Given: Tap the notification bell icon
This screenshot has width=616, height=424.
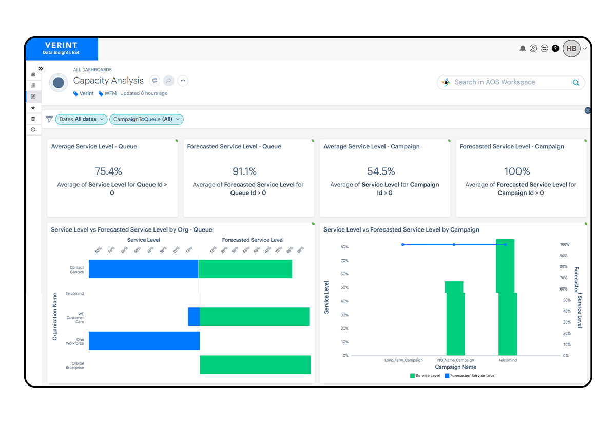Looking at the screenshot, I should (x=523, y=48).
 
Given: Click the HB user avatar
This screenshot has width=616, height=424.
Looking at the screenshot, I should (x=571, y=49).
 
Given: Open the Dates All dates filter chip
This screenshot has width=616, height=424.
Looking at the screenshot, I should (x=81, y=119).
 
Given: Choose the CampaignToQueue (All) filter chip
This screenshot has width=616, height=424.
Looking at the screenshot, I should (x=146, y=119).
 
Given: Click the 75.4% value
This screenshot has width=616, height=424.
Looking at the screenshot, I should (x=108, y=171).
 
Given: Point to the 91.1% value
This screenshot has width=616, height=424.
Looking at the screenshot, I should (x=245, y=171).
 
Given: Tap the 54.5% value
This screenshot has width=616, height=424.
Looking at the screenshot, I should (x=381, y=171).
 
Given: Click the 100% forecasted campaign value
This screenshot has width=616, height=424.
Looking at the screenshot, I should (x=517, y=171).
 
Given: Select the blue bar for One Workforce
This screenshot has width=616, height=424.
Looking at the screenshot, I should (x=144, y=341).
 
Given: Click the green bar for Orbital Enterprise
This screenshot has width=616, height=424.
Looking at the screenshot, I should (x=255, y=364).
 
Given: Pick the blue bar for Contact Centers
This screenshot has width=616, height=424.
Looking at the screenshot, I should (x=143, y=269).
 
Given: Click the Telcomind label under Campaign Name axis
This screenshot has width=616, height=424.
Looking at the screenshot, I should (x=508, y=360).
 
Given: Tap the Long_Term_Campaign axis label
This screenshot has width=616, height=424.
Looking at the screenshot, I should (x=403, y=360).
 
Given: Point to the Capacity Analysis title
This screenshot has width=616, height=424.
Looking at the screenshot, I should (x=108, y=81).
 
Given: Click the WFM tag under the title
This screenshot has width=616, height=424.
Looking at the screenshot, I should (x=110, y=93).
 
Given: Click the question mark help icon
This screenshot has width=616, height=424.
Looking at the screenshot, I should (x=555, y=48).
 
